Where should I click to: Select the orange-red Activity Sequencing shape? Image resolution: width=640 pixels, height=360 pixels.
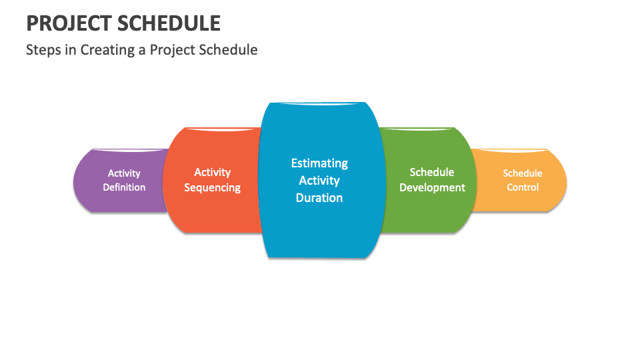pos(212,180)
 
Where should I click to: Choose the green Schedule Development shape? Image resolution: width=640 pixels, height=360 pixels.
pos(428,180)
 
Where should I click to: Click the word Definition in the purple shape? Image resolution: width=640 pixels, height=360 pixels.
pos(124,187)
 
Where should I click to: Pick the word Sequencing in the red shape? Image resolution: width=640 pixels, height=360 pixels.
pos(212,188)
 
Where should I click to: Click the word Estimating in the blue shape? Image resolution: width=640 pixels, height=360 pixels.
pos(319,163)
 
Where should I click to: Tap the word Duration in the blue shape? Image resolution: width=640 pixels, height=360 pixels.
pos(319,198)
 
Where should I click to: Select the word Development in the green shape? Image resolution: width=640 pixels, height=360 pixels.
pos(432,188)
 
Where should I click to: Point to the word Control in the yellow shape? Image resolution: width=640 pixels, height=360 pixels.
pos(523,187)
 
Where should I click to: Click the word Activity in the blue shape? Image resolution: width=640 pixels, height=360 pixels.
pos(319,181)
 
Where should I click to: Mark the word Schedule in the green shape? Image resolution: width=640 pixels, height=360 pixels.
pos(432,172)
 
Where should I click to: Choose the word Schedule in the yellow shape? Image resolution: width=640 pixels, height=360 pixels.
pos(523,173)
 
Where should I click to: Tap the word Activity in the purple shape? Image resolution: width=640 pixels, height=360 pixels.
pos(124,173)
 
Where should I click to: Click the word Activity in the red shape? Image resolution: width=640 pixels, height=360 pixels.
pos(212,173)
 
